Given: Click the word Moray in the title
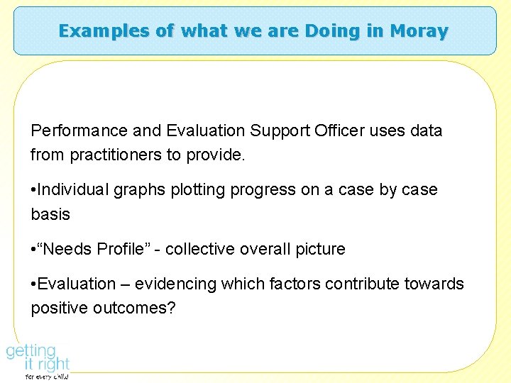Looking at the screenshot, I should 419,31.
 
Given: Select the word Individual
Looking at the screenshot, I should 70,190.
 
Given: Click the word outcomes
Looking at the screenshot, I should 133,308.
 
